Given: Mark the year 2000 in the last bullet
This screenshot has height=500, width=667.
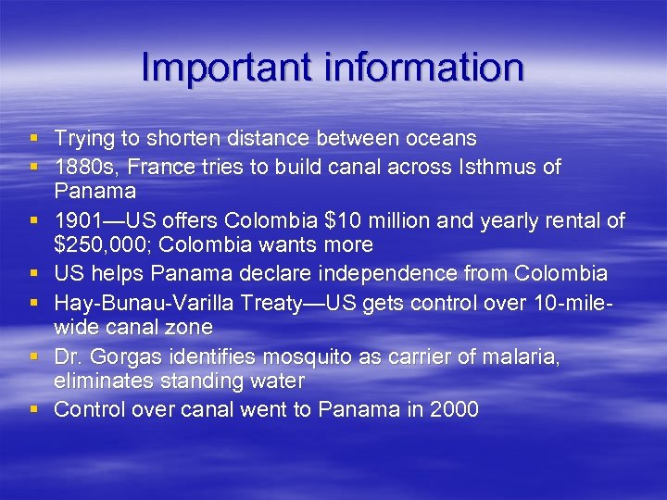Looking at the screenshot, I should (454, 409).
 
